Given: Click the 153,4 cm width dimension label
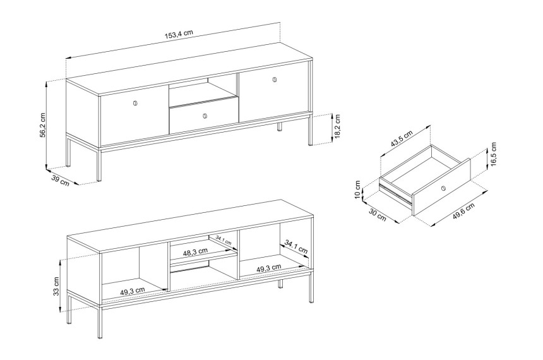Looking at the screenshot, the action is coord(179,34).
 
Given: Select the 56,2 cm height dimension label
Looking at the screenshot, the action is coord(43,124).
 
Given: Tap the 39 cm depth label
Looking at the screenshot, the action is coord(60,181).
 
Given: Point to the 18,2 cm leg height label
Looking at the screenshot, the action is coord(337,126).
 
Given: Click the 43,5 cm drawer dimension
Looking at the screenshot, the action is coord(402,138).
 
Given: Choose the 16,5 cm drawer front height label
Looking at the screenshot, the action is coord(494,154).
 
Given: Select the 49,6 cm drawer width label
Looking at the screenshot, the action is coord(463,212).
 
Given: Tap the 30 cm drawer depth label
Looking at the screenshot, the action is coord(377,215).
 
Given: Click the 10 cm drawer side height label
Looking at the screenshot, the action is coord(358,190).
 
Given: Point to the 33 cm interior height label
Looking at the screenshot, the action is coord(56,286).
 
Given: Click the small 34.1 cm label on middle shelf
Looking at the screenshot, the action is coord(224,240).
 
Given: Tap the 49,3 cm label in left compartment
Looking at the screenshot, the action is coord(133,291).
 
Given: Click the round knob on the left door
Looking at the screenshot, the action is coord(134,103).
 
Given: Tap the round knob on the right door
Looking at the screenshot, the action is coord(275,80).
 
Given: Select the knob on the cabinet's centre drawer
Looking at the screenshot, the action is coord(205,116).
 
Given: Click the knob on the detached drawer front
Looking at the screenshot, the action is coord(443,188).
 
